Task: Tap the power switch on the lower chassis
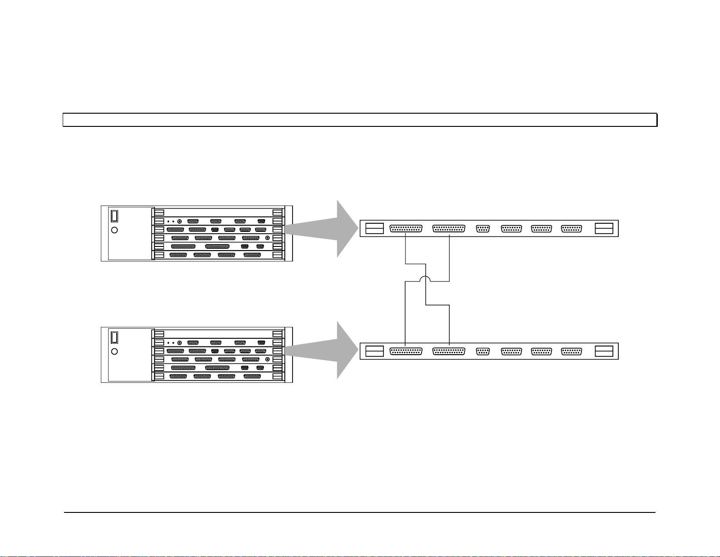click(115, 337)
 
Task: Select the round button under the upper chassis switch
click(114, 230)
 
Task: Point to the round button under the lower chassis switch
click(114, 351)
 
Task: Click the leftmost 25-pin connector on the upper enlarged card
click(406, 228)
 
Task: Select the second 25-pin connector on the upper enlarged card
click(449, 228)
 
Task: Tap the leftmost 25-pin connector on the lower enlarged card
click(406, 351)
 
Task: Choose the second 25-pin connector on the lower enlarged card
click(449, 351)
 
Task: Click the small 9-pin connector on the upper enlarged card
click(482, 228)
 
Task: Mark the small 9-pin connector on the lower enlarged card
click(482, 351)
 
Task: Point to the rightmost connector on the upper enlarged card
click(571, 228)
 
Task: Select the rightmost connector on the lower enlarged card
click(571, 351)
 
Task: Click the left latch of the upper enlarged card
click(374, 228)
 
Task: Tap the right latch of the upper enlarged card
click(604, 228)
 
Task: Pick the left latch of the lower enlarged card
click(374, 351)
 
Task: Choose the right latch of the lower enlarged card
click(604, 351)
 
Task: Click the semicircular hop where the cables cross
click(426, 278)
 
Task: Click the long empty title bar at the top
click(360, 120)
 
